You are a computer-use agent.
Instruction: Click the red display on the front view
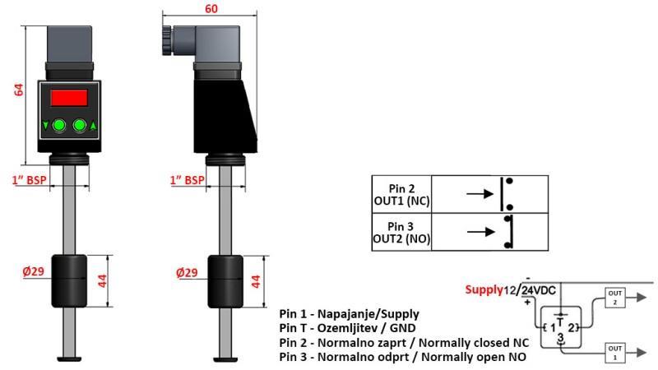tap(69, 98)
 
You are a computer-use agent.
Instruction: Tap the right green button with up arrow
tap(80, 126)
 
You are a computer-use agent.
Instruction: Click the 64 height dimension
tap(19, 90)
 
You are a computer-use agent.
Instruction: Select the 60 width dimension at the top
tap(212, 8)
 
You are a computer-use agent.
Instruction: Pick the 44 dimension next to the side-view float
tap(256, 280)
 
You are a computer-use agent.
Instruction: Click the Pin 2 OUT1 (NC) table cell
tap(401, 193)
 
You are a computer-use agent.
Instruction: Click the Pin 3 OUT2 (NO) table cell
tap(401, 232)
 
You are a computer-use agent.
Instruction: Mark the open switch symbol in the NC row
tap(508, 193)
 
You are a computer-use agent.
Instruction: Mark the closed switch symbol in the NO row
tap(508, 232)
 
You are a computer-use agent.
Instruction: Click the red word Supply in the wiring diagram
tap(484, 289)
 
